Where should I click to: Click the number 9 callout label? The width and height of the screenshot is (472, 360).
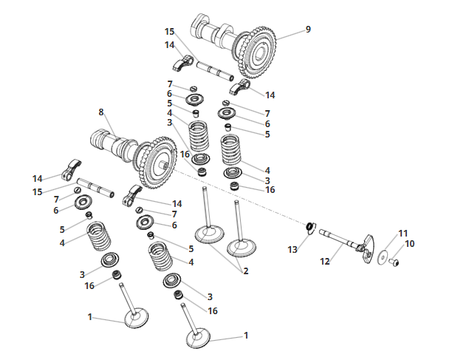[308, 30]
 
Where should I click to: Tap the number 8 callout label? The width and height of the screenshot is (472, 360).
[101, 112]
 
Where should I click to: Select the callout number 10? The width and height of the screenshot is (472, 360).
[410, 244]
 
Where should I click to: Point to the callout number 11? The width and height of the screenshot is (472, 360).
[403, 234]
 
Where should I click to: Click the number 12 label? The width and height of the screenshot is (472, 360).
[325, 262]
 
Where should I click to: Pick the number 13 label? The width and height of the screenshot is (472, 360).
[293, 250]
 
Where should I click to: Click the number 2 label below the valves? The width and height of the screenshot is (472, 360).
[246, 271]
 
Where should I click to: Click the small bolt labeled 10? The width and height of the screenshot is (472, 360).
[394, 262]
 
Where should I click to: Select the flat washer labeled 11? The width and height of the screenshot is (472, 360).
[383, 257]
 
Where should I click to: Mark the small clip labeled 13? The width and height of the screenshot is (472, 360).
[310, 227]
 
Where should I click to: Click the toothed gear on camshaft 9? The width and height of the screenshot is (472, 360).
[258, 52]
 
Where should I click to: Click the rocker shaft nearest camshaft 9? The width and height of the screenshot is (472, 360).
[215, 71]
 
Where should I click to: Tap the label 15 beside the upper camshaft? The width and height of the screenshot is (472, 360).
[169, 32]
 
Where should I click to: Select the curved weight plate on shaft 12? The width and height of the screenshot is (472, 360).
[369, 248]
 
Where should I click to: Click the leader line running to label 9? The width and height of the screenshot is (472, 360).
[290, 35]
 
